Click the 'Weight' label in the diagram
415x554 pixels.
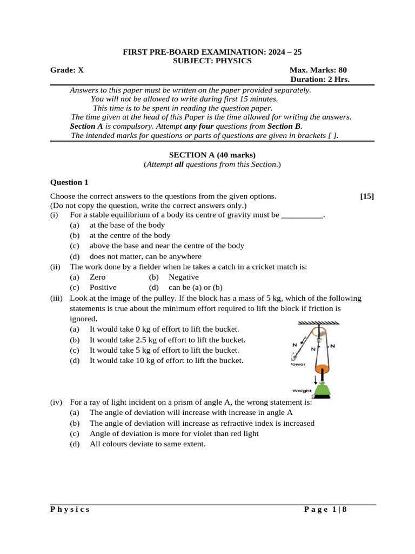(x=302, y=390)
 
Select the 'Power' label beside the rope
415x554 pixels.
(x=298, y=364)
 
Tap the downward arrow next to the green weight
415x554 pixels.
(x=316, y=380)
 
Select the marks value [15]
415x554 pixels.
(x=366, y=196)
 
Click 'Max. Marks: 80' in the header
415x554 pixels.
(x=318, y=70)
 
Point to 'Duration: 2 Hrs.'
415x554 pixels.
(x=320, y=79)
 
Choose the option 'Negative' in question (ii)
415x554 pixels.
(x=184, y=277)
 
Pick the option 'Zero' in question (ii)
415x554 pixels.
(x=98, y=277)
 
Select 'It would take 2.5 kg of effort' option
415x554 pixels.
(x=167, y=340)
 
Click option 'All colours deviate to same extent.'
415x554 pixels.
(x=148, y=444)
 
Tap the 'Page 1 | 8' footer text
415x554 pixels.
(x=325, y=509)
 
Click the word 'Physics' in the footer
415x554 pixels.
(x=70, y=509)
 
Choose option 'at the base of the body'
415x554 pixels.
(x=127, y=225)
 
